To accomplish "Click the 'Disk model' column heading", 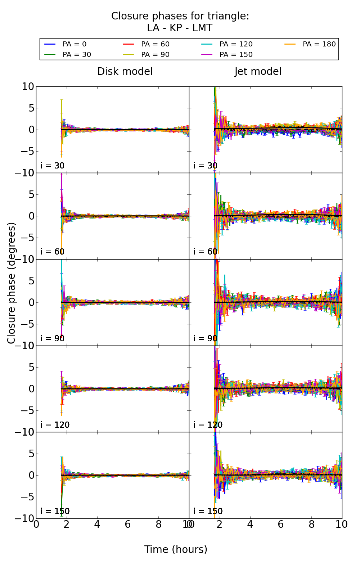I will click(125, 72).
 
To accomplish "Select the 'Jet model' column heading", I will click(258, 72).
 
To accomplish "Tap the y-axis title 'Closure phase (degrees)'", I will click(12, 283).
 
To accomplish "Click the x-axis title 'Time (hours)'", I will click(176, 550).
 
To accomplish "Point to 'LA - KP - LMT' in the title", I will click(180, 28).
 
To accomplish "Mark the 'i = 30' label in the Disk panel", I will click(52, 166).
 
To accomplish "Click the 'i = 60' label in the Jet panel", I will click(205, 252).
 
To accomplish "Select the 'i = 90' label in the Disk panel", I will click(52, 338).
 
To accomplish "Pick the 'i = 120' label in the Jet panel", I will click(208, 425).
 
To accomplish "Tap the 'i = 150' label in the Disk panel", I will click(55, 511).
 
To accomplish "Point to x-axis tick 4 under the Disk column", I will click(97, 525).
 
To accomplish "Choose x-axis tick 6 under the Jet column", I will click(280, 525).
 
